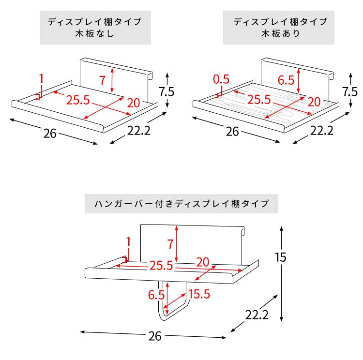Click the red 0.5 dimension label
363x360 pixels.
click(x=221, y=79)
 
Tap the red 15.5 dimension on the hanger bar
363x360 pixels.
click(x=199, y=294)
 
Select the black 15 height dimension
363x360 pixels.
click(x=281, y=257)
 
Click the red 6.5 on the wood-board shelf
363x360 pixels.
click(x=286, y=80)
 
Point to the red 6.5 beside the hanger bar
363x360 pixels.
click(x=156, y=295)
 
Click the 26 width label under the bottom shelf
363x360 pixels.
click(x=155, y=336)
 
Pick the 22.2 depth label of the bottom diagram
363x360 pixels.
click(x=257, y=315)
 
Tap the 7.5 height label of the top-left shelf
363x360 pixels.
click(x=166, y=91)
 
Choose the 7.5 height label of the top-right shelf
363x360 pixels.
click(x=350, y=91)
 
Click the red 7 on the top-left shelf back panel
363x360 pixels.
click(x=103, y=80)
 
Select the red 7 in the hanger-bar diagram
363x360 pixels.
click(x=170, y=244)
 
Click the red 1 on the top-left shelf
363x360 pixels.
click(x=41, y=78)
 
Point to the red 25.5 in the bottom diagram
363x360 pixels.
click(x=161, y=266)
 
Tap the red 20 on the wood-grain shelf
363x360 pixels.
click(x=314, y=102)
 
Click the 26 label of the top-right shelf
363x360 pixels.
click(x=232, y=132)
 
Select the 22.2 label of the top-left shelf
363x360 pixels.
click(x=139, y=131)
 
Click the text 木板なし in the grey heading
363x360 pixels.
click(x=95, y=34)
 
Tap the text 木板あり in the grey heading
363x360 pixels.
click(x=281, y=33)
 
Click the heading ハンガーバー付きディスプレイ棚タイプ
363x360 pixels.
click(x=181, y=204)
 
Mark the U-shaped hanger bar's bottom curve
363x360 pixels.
click(x=165, y=318)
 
